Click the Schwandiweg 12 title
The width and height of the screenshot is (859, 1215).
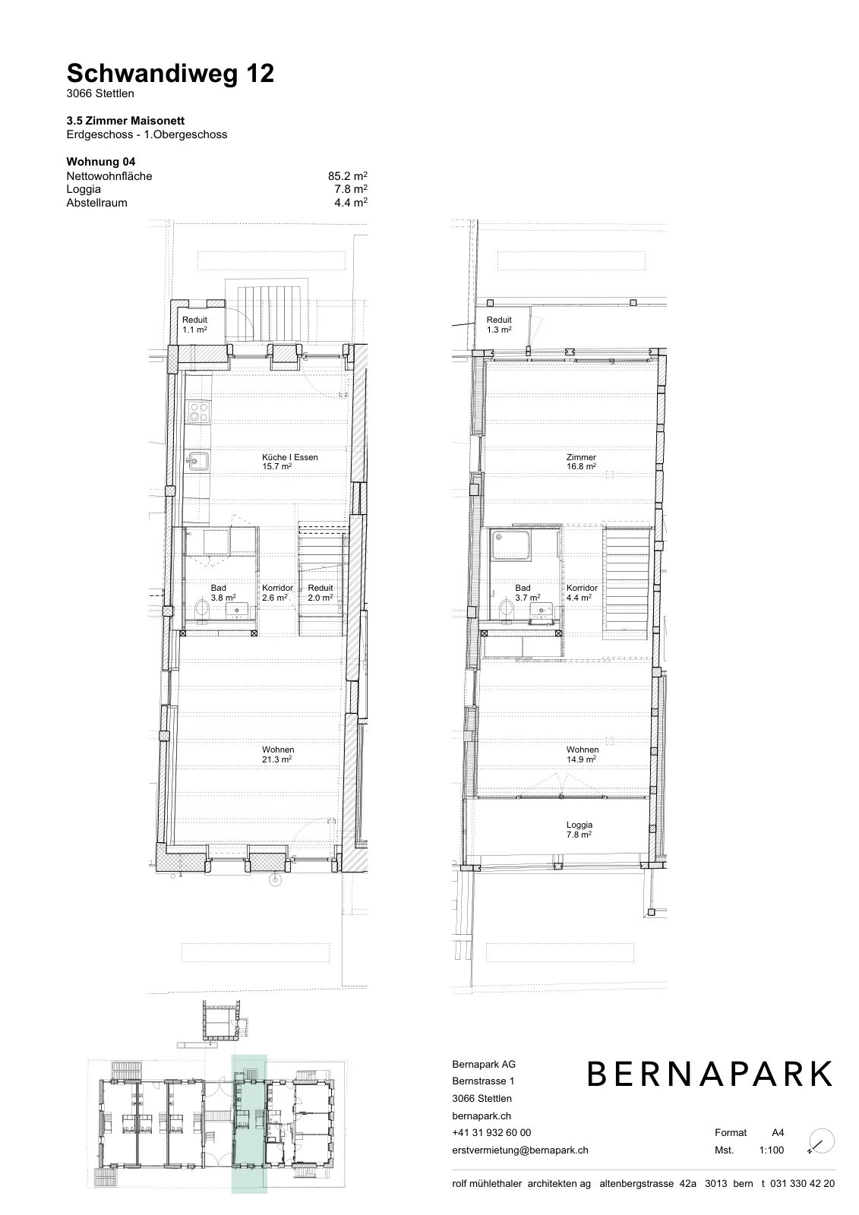[x=170, y=74]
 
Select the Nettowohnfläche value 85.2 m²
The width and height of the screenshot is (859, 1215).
[x=347, y=176]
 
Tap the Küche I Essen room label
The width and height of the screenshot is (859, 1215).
[x=290, y=462]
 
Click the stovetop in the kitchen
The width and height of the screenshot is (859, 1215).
[x=198, y=412]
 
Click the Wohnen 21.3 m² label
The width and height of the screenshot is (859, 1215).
[x=278, y=755]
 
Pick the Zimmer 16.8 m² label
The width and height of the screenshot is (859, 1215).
[x=581, y=462]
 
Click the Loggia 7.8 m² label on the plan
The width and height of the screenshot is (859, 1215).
[x=579, y=830]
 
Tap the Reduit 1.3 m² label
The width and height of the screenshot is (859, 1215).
[x=499, y=324]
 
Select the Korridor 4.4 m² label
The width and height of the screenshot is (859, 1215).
[x=582, y=592]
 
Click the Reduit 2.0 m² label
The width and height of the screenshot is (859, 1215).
[x=321, y=592]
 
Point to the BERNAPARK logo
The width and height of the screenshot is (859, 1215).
[x=710, y=1074]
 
